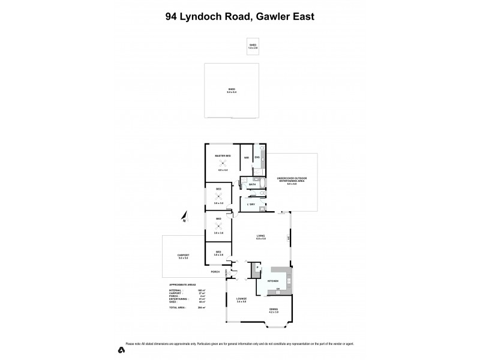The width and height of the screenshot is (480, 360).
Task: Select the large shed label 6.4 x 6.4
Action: pyautogui.click(x=232, y=91)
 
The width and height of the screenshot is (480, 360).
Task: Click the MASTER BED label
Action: pyautogui.click(x=223, y=156)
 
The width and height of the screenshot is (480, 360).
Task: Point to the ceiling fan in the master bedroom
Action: pyautogui.click(x=223, y=163)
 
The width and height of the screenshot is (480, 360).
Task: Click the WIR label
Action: pyautogui.click(x=247, y=158)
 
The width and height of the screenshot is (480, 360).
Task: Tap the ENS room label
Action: pyautogui.click(x=257, y=157)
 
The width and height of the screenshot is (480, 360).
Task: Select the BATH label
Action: pyautogui.click(x=252, y=184)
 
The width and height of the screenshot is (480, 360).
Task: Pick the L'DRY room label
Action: pyautogui.click(x=251, y=205)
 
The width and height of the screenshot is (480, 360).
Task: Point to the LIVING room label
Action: pyautogui.click(x=260, y=236)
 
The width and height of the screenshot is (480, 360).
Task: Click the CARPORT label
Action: pyautogui.click(x=182, y=256)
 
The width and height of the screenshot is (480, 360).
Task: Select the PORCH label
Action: pyautogui.click(x=215, y=272)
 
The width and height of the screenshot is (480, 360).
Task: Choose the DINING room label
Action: pyautogui.click(x=272, y=310)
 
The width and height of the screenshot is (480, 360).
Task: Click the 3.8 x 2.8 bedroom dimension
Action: pyautogui.click(x=219, y=255)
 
